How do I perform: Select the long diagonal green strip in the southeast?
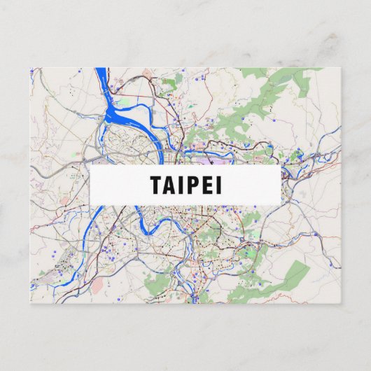(280, 280)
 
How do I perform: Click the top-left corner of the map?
(31, 68)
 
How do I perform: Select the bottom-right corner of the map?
(341, 303)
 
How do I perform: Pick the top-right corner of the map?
(341, 68)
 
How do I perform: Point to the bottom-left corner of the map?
(31, 303)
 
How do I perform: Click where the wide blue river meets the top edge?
(101, 69)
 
